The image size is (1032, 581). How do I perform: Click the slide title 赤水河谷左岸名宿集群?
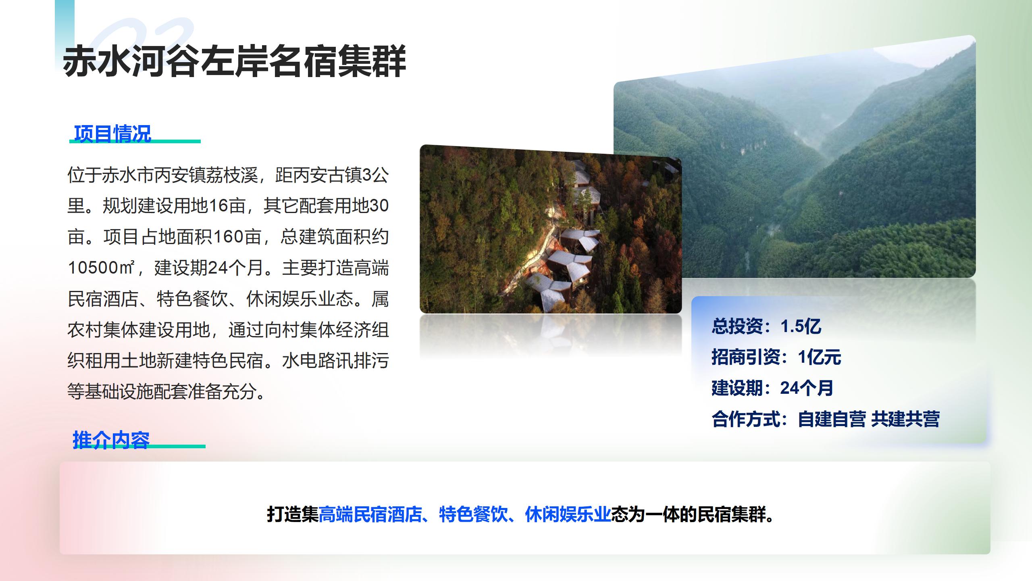coord(234,61)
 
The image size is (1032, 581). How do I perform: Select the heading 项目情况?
coord(112,134)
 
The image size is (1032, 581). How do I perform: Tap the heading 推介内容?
coord(111,440)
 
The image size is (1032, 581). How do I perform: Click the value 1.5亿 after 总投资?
coord(801,326)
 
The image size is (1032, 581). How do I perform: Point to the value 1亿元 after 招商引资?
coord(820,357)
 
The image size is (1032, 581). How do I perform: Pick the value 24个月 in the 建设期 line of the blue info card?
coord(807,388)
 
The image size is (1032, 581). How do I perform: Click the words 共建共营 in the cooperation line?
coord(905,419)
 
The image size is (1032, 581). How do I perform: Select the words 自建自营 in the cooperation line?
coord(832,419)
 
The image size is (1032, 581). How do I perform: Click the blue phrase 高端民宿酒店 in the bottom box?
coord(370,514)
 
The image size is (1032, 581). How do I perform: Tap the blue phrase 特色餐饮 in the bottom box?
coord(473,514)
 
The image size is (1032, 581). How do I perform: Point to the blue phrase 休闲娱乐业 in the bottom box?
coord(568,514)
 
